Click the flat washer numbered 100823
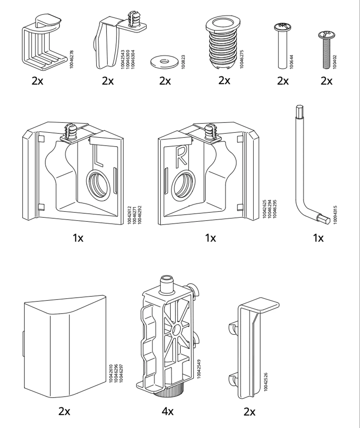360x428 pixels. (164, 62)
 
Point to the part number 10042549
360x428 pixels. (199, 369)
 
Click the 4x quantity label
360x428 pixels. (168, 411)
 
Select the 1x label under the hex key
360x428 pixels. (318, 238)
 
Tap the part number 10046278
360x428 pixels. (72, 59)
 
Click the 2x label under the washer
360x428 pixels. (165, 81)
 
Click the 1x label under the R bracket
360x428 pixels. (211, 238)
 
